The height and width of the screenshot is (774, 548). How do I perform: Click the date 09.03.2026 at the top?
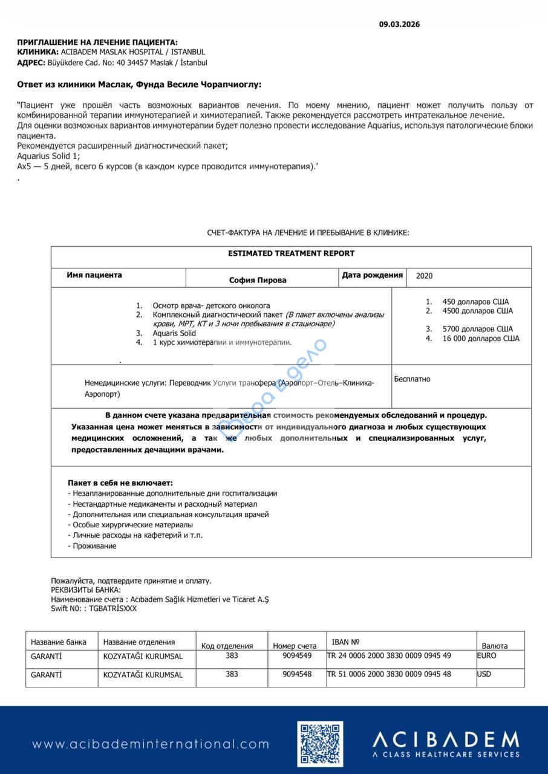[x=399, y=25]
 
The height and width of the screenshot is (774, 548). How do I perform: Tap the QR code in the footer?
[x=320, y=744]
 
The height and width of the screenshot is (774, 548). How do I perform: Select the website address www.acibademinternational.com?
[x=151, y=744]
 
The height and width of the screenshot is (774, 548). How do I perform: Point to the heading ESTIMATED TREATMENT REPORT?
[x=291, y=253]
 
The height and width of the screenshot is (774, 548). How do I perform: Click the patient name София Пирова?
[x=258, y=280]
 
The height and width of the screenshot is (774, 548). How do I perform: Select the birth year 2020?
[x=425, y=276]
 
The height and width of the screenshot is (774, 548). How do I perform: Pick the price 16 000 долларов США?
[x=481, y=339]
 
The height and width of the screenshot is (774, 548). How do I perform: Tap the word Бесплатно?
[x=412, y=379]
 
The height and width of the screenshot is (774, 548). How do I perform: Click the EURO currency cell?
[x=486, y=655]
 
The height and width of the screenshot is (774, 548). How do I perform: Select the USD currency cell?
[x=484, y=674]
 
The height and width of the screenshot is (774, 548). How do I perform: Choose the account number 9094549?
[x=297, y=655]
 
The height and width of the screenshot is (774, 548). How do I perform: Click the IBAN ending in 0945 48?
[x=389, y=674]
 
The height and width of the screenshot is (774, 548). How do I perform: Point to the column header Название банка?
[x=59, y=642]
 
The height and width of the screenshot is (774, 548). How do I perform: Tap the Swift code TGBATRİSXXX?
[x=113, y=608]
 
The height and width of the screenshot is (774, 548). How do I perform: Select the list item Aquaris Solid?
[x=174, y=333]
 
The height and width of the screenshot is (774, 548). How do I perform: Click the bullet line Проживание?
[x=94, y=546]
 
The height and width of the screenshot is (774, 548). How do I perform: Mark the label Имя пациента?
[x=94, y=275]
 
